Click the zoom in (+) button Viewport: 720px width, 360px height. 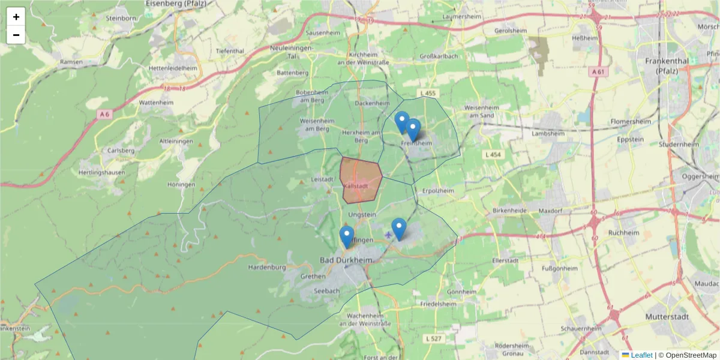16,17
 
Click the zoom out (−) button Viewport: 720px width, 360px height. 16,35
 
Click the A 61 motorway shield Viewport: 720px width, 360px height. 596,72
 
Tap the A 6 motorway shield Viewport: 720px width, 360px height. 106,114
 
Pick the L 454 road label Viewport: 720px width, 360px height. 492,155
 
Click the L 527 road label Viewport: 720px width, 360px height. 433,339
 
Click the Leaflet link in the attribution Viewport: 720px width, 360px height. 641,355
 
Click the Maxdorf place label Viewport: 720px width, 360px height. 550,211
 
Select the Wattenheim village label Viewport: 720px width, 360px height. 156,103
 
